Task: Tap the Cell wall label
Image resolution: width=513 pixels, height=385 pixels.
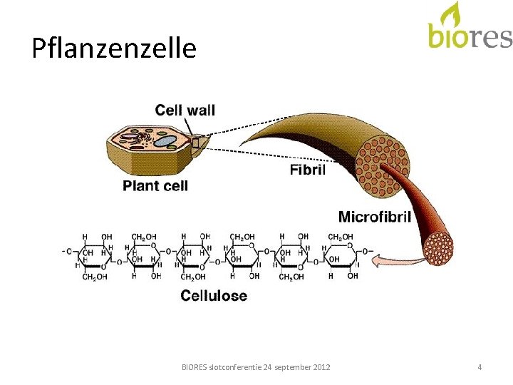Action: (185, 110)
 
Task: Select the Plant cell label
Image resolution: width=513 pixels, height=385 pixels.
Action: (155, 186)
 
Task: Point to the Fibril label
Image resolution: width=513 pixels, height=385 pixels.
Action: (308, 170)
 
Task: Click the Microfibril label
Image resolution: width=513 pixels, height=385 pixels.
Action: (374, 217)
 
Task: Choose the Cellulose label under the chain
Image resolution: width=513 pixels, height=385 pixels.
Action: (214, 295)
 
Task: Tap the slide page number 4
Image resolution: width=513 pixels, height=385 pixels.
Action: (480, 367)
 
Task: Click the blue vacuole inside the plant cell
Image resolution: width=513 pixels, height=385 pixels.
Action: (165, 141)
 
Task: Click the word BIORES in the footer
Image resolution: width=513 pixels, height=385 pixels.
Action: (195, 367)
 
